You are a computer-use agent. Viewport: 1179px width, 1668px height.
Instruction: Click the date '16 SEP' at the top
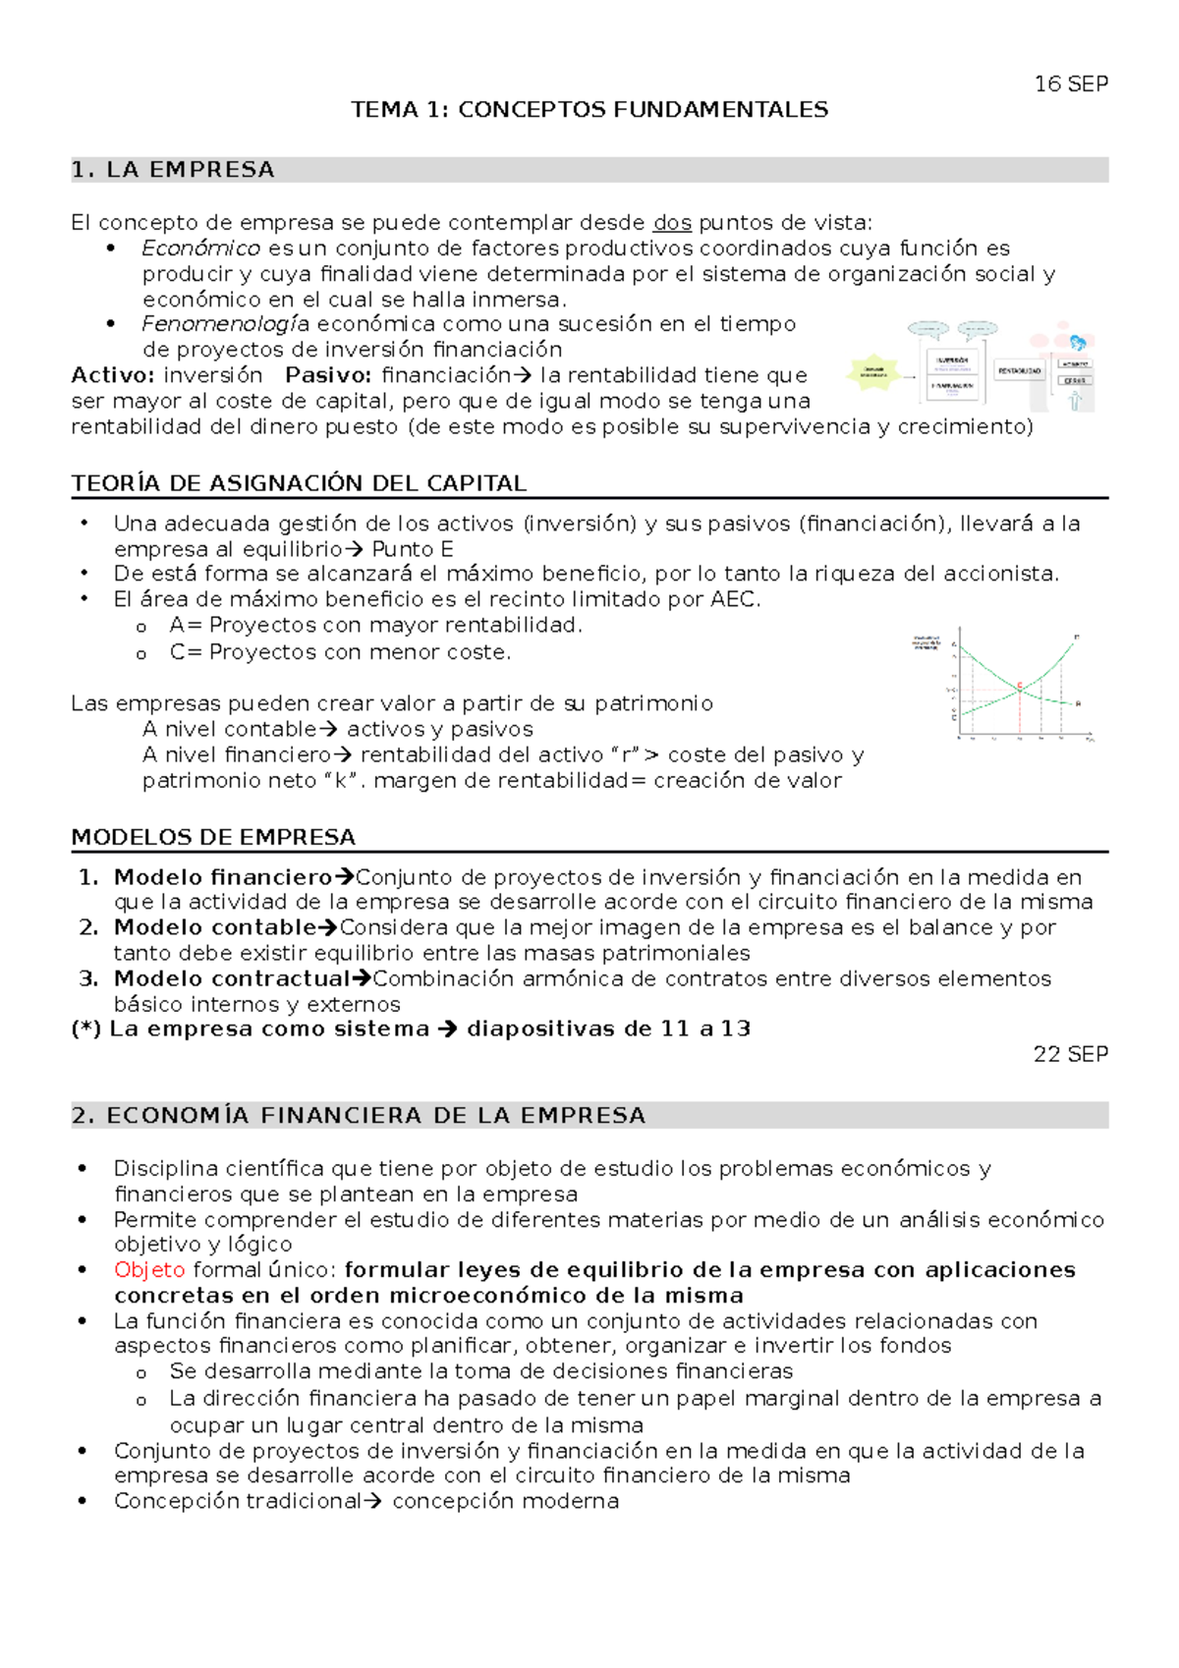(1071, 84)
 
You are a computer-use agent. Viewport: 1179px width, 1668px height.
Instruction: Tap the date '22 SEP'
(1070, 1054)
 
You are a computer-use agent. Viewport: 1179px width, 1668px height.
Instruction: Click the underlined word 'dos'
(672, 223)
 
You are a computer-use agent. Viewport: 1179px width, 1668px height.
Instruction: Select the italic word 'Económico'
(200, 249)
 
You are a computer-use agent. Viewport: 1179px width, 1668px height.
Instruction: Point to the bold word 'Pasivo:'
(328, 375)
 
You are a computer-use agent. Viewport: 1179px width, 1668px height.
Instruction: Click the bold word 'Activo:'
(113, 375)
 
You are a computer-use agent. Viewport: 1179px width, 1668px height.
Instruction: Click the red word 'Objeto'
(149, 1270)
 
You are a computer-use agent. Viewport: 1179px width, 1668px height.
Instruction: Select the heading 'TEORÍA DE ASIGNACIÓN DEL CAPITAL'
(299, 483)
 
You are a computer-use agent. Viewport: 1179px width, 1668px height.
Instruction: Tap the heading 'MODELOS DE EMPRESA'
(213, 837)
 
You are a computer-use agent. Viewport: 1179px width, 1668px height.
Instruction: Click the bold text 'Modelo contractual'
(232, 978)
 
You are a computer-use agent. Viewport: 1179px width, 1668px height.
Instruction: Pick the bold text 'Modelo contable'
(215, 927)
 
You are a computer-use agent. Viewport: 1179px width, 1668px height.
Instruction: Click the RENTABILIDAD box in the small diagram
(1020, 371)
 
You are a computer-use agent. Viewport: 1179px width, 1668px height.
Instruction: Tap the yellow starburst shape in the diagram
(873, 373)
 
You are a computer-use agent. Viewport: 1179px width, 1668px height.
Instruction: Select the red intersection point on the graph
(1020, 686)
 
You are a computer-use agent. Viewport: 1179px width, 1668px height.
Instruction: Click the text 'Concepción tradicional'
(238, 1501)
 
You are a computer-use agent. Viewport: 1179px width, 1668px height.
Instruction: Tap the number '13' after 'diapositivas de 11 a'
(735, 1029)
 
